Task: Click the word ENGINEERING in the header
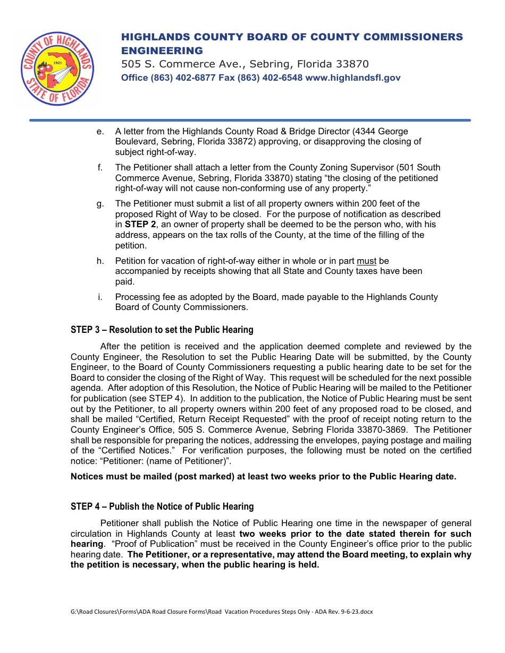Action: (x=162, y=51)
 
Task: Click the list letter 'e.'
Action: (x=100, y=131)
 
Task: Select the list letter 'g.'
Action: (x=100, y=203)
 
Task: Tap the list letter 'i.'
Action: (x=100, y=297)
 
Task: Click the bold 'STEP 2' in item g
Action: (x=140, y=225)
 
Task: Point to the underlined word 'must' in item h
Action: (x=366, y=261)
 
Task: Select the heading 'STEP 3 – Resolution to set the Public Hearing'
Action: (x=162, y=330)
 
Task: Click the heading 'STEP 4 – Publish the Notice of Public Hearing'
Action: (x=162, y=506)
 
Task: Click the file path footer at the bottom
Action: (x=222, y=612)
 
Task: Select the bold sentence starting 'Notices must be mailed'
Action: (x=263, y=476)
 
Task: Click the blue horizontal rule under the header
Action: (x=250, y=121)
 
